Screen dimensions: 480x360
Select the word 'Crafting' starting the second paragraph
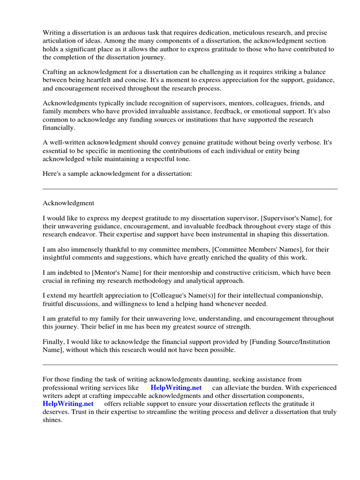click(x=56, y=72)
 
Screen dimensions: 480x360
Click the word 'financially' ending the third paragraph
click(x=59, y=127)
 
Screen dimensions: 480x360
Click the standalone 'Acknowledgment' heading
click(x=68, y=203)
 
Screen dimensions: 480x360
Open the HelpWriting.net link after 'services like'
click(x=176, y=388)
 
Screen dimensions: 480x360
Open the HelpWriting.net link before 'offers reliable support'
click(x=68, y=404)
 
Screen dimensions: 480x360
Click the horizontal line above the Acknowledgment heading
click(x=190, y=189)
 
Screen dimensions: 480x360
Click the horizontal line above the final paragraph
click(x=190, y=365)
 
